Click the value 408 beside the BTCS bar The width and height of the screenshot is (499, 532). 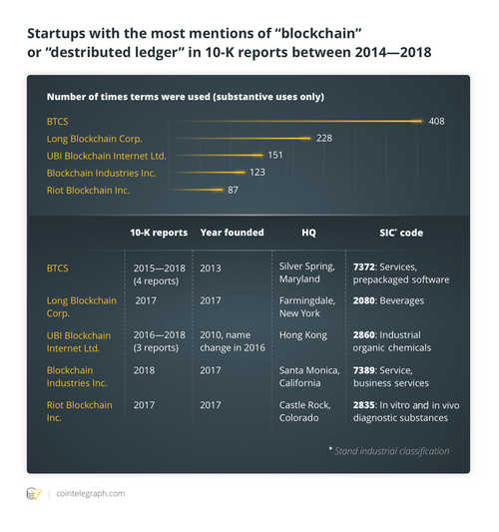click(437, 121)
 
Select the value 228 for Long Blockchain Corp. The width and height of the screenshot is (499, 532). click(324, 138)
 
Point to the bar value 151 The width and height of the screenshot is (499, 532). click(276, 155)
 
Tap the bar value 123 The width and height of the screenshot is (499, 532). click(257, 172)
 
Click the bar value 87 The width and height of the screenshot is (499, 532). click(234, 189)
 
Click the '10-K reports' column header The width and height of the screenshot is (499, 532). click(159, 233)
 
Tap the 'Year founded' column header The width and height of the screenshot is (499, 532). click(232, 233)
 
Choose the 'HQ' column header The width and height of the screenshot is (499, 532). click(308, 233)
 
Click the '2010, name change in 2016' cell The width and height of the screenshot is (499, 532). click(232, 341)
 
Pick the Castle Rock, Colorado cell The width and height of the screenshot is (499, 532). click(301, 411)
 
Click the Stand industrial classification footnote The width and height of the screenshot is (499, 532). click(388, 451)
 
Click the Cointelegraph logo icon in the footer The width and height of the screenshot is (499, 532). click(34, 493)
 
